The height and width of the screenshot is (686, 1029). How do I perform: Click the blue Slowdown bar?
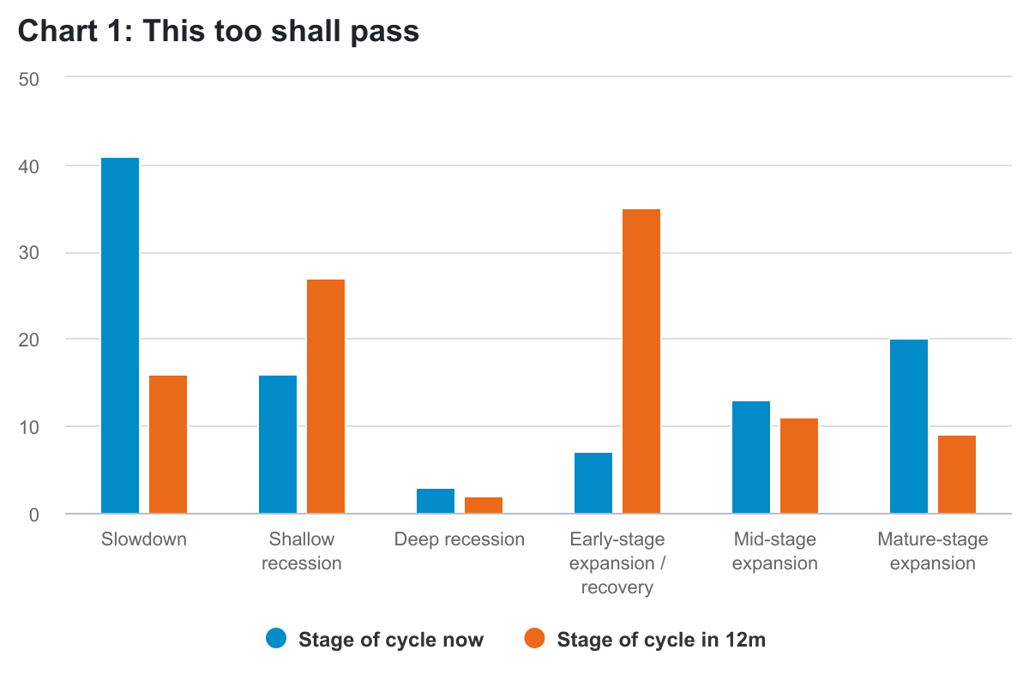pos(120,335)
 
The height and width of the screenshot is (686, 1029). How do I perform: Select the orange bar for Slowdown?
pos(168,444)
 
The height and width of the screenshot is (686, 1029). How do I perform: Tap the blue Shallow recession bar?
pos(278,444)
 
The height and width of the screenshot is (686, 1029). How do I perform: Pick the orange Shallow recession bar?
pos(326,396)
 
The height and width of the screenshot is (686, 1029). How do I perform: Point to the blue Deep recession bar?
pos(436,501)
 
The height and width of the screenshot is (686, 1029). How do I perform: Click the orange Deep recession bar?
pos(484,505)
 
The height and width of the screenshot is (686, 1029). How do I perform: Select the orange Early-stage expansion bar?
pos(641,361)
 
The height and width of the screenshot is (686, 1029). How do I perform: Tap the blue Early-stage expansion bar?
pos(593,483)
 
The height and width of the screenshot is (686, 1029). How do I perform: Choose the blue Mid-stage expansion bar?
pos(751,457)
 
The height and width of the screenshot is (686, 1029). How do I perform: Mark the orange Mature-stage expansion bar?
pos(957,474)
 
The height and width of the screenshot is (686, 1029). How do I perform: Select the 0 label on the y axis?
pos(35,514)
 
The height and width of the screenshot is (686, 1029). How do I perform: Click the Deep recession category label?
pos(460,539)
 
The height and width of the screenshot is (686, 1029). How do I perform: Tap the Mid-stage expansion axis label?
pos(775,551)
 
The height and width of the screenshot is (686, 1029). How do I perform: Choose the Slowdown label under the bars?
pos(144,539)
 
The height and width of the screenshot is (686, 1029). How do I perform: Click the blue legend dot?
pos(276,639)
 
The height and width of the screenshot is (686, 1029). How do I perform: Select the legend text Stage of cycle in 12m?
pos(660,640)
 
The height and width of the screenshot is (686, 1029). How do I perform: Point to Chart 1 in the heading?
pos(69,32)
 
